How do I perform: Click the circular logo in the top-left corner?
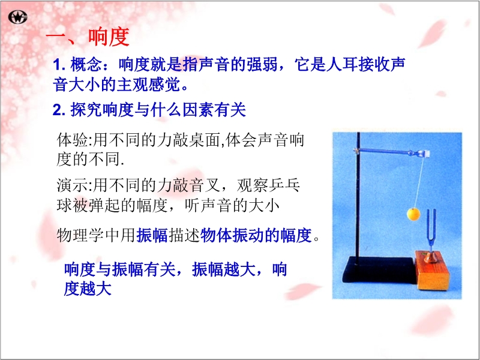[18, 17]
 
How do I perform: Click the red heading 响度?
[109, 37]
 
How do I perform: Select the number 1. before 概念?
[59, 65]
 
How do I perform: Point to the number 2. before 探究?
[59, 110]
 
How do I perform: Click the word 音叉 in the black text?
[205, 185]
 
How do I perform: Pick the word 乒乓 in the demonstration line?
[284, 185]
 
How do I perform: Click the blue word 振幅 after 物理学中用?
[152, 235]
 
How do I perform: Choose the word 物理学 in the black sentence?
[81, 235]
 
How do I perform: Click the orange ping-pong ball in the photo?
[413, 214]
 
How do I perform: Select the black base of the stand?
[380, 269]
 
